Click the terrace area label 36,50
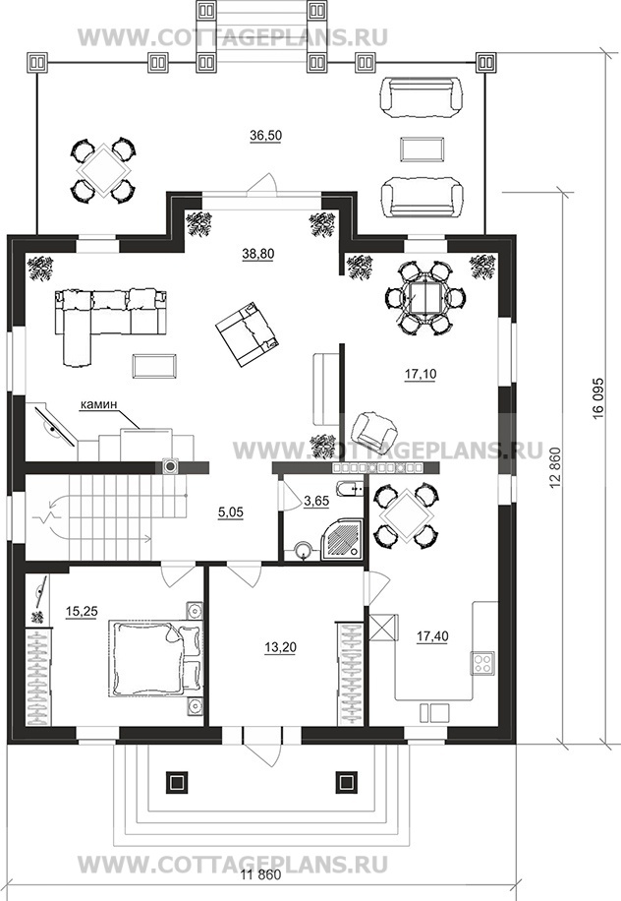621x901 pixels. pyautogui.click(x=265, y=136)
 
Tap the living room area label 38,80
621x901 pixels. pyautogui.click(x=258, y=254)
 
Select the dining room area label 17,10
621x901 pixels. pyautogui.click(x=421, y=374)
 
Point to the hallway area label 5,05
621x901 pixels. pyautogui.click(x=231, y=512)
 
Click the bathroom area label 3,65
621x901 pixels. pyautogui.click(x=316, y=501)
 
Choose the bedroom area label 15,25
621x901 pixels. pyautogui.click(x=82, y=612)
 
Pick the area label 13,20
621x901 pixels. pyautogui.click(x=281, y=647)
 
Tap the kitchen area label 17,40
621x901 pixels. pyautogui.click(x=432, y=636)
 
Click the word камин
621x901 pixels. pyautogui.click(x=98, y=404)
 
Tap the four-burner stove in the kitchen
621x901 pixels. pyautogui.click(x=483, y=663)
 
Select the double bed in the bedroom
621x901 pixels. pyautogui.click(x=156, y=658)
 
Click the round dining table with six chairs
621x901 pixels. pyautogui.click(x=424, y=297)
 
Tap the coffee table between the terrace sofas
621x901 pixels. pyautogui.click(x=421, y=149)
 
